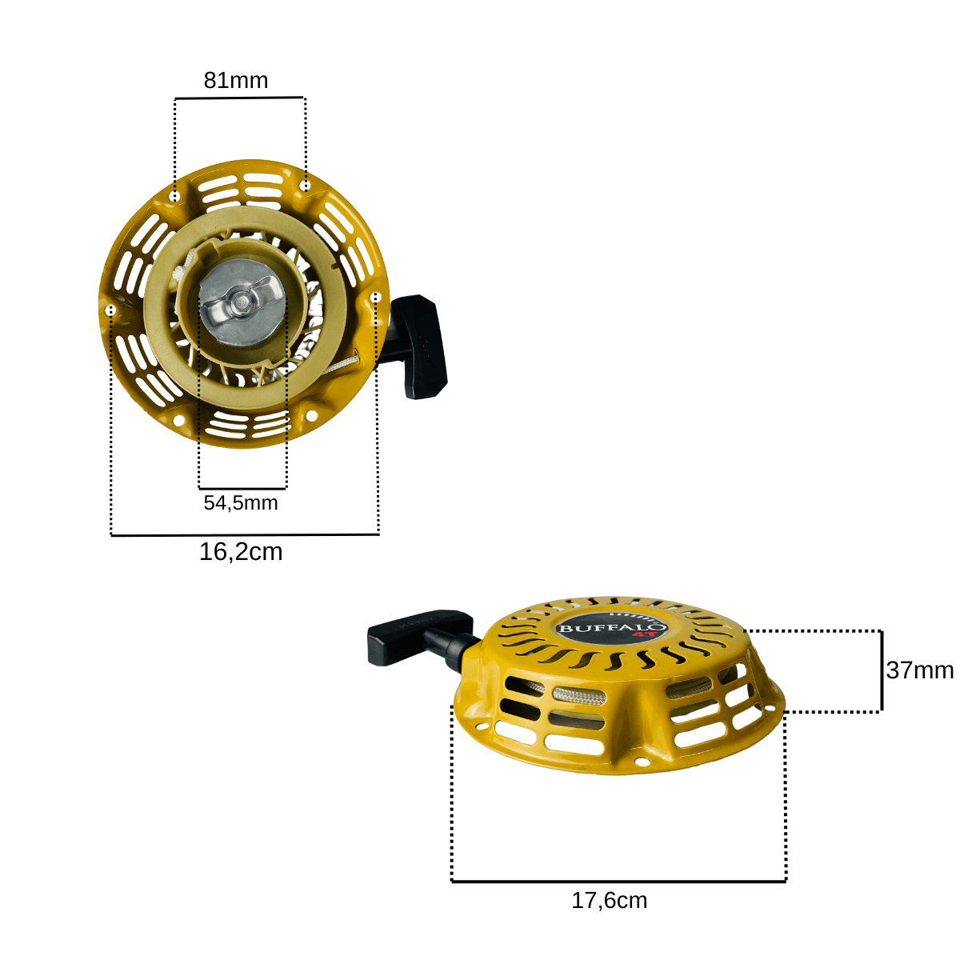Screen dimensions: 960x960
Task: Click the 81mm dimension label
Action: pyautogui.click(x=236, y=81)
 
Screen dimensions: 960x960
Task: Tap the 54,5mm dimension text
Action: pyautogui.click(x=241, y=503)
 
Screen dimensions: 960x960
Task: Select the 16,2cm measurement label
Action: pyautogui.click(x=241, y=552)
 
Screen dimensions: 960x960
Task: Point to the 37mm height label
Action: pyautogui.click(x=920, y=670)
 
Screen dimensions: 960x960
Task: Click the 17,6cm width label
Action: pyautogui.click(x=609, y=900)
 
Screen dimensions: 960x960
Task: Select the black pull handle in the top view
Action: pyautogui.click(x=418, y=346)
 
